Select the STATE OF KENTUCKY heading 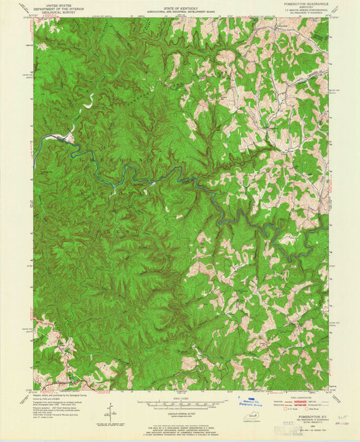click(180, 6)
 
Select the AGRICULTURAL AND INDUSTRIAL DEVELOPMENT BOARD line click(180, 10)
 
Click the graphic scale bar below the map click(180, 403)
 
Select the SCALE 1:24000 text click(180, 397)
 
